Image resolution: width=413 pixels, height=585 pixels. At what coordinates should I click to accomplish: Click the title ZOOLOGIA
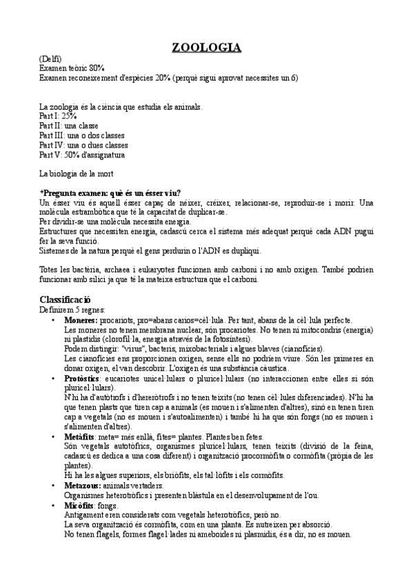(x=206, y=48)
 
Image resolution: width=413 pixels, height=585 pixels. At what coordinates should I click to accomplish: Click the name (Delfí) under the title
(x=50, y=59)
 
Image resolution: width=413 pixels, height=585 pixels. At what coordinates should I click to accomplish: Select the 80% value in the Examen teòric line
(x=96, y=68)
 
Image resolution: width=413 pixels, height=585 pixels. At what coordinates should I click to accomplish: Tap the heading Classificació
(x=66, y=299)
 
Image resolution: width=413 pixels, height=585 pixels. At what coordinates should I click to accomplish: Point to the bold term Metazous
(x=82, y=485)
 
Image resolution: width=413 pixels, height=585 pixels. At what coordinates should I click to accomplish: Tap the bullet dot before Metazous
(x=53, y=486)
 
